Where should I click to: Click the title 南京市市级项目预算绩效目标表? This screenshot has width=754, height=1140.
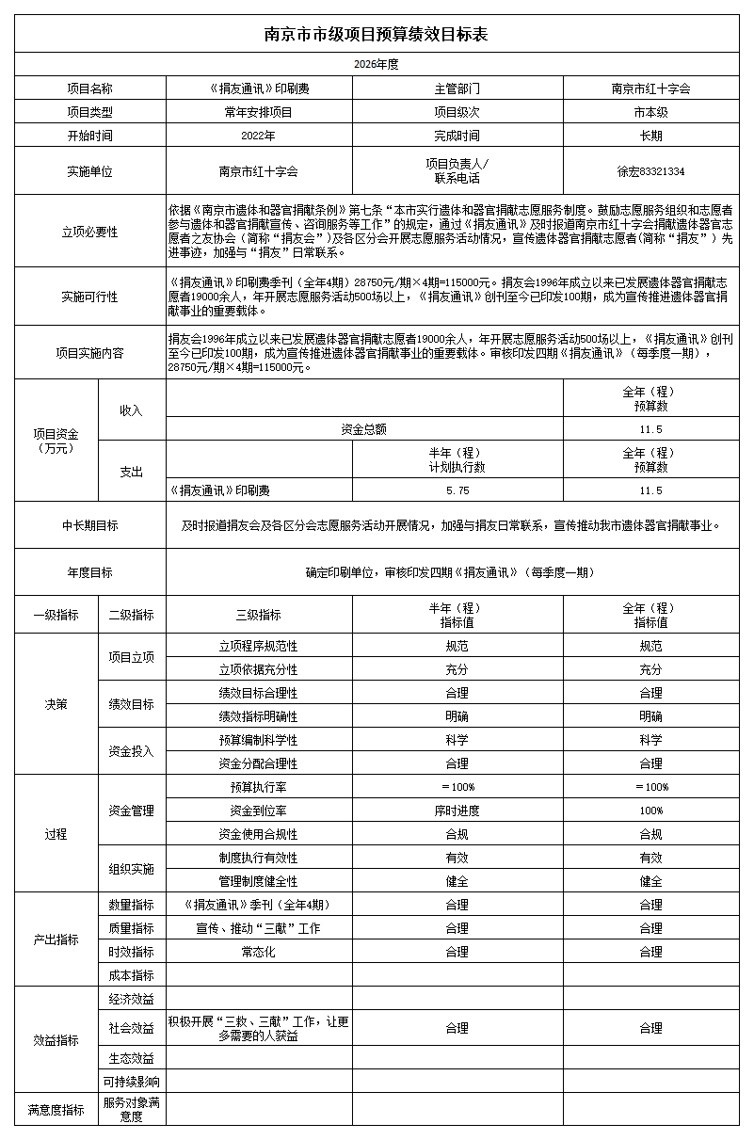(x=377, y=35)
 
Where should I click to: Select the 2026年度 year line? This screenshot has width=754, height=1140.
(x=377, y=64)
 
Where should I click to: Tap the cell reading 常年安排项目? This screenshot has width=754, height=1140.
(x=259, y=112)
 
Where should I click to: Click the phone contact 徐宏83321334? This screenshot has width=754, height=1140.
(x=650, y=172)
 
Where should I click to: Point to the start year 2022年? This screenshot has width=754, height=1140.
(x=259, y=136)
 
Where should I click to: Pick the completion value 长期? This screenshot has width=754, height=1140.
(x=650, y=136)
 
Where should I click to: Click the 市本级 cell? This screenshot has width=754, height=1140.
(x=650, y=112)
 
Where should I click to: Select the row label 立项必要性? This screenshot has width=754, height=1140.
(x=89, y=232)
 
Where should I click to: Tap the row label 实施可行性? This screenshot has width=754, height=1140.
(x=89, y=297)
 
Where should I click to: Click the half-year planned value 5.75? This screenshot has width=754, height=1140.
(x=457, y=490)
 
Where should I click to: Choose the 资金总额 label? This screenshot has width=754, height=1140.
(x=364, y=429)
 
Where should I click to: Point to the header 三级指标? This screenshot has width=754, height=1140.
(x=259, y=615)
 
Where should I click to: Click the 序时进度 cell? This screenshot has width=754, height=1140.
(x=457, y=811)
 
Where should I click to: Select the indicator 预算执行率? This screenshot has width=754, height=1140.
(x=259, y=787)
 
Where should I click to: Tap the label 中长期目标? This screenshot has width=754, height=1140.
(x=89, y=526)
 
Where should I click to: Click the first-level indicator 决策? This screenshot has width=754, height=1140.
(x=56, y=704)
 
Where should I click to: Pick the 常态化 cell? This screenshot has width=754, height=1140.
(x=259, y=952)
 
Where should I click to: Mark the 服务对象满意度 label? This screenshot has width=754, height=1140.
(x=132, y=1110)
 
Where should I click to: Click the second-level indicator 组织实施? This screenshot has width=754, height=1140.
(x=132, y=869)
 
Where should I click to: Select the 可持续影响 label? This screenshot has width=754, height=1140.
(x=132, y=1082)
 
